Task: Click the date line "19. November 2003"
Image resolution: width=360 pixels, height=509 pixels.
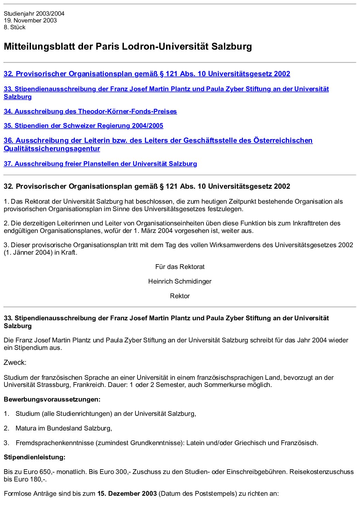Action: click(x=30, y=20)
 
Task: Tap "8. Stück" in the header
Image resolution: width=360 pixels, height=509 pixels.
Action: click(x=15, y=27)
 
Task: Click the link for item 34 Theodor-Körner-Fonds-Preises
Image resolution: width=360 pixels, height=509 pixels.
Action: click(x=90, y=111)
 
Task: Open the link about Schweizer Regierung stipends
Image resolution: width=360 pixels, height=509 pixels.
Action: click(x=83, y=125)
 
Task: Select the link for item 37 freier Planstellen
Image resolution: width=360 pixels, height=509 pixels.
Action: click(x=100, y=164)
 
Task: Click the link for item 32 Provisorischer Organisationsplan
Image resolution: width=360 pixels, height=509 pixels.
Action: click(x=147, y=74)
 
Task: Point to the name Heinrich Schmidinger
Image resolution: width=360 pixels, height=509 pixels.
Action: click(x=180, y=281)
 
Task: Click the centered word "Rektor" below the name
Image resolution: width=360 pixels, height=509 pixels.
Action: click(x=180, y=296)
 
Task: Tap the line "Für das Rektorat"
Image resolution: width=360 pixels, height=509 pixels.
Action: click(x=180, y=267)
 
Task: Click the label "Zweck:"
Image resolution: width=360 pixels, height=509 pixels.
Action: click(x=15, y=362)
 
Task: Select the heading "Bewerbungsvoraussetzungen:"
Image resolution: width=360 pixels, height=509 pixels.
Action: click(x=52, y=399)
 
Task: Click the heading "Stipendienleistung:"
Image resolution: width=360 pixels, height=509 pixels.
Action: click(x=34, y=457)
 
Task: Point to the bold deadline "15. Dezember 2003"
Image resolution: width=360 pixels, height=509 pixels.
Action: click(x=127, y=493)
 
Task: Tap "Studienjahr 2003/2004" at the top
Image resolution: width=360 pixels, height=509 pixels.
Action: click(x=34, y=14)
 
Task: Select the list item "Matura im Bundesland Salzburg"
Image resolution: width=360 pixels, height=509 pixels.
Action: click(x=64, y=428)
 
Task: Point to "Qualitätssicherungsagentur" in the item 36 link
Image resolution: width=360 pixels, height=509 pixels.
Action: click(x=52, y=149)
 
